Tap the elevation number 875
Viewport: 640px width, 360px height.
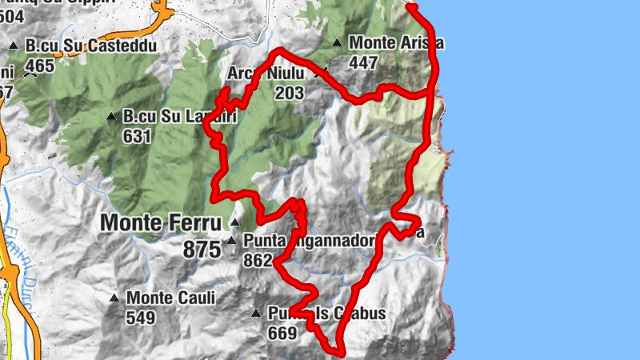coord(202,250)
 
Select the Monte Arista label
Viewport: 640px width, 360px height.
coord(397,43)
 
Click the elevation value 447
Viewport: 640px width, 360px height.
coord(364,62)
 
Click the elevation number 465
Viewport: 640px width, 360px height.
coord(40,65)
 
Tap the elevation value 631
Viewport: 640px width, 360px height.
coord(138,135)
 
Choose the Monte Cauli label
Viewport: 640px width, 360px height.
coord(170,299)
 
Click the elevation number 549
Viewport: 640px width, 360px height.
coord(141,318)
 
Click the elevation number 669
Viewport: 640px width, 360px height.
coord(283,332)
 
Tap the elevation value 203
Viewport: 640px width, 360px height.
coord(289,94)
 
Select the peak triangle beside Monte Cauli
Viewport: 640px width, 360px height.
coord(114,299)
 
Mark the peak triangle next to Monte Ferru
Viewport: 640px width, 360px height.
coord(235,222)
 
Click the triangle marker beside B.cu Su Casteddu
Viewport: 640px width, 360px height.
coord(14,46)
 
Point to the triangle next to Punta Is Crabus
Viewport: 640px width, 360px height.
coord(256,314)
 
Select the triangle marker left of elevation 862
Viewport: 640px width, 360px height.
coord(232,240)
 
